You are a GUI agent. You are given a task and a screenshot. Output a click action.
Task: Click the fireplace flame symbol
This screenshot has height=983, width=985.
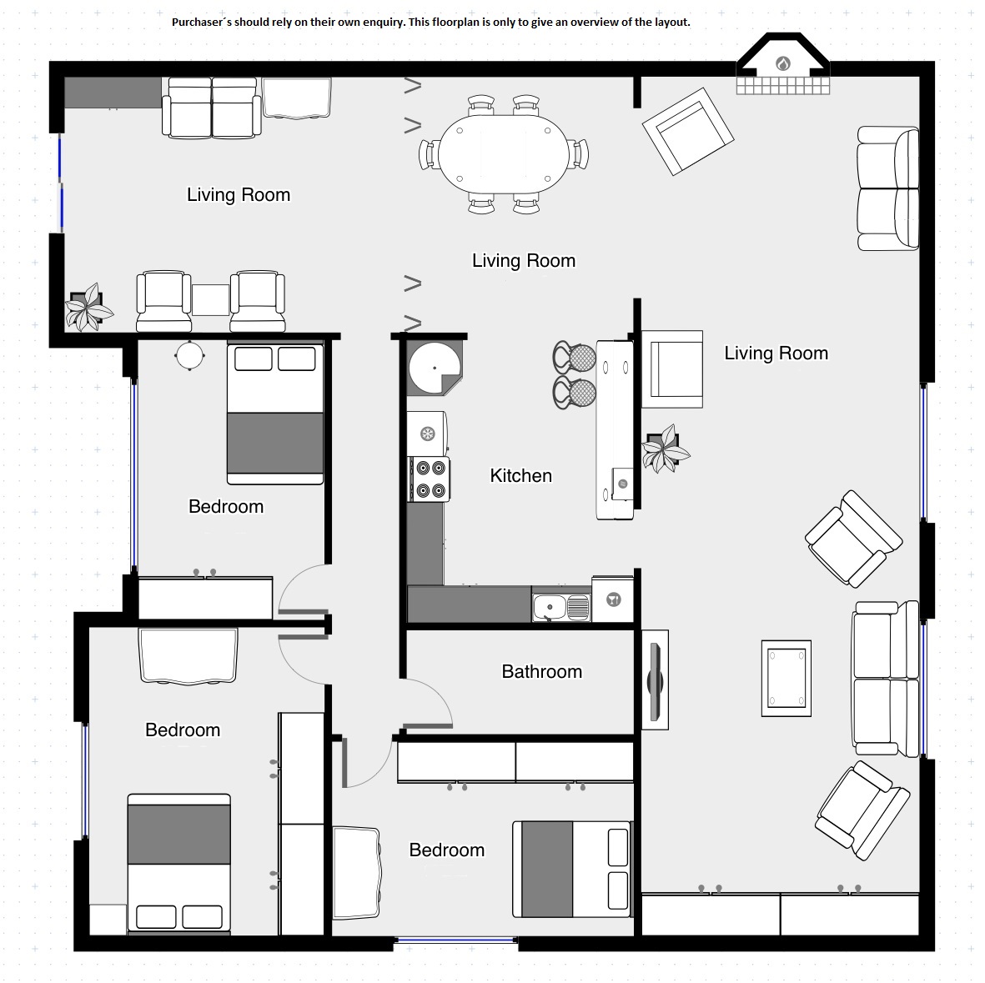pyautogui.click(x=782, y=63)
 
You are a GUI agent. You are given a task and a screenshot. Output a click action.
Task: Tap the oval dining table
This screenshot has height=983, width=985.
pyautogui.click(x=503, y=154)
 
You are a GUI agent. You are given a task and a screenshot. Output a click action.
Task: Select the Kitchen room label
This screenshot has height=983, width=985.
pyautogui.click(x=520, y=475)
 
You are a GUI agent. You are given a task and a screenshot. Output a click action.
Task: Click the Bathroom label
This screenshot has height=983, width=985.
pyautogui.click(x=541, y=671)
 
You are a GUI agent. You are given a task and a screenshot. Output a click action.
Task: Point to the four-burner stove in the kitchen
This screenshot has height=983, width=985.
pyautogui.click(x=430, y=479)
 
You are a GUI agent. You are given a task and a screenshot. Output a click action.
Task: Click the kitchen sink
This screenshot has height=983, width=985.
pyautogui.click(x=561, y=607)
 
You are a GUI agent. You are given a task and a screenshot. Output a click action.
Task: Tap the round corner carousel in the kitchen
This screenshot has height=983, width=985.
pyautogui.click(x=434, y=368)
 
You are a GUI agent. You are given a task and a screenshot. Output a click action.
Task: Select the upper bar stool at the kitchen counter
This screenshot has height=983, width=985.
pyautogui.click(x=574, y=358)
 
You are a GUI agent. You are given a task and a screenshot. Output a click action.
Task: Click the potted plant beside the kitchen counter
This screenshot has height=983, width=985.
pyautogui.click(x=665, y=449)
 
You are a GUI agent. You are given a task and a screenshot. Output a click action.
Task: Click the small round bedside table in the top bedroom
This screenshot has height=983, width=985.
pyautogui.click(x=189, y=356)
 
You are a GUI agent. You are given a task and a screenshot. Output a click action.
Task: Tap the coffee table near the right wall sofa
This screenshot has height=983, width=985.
pyautogui.click(x=786, y=679)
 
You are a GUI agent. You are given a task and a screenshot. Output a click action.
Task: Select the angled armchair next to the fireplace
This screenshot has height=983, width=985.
pyautogui.click(x=688, y=131)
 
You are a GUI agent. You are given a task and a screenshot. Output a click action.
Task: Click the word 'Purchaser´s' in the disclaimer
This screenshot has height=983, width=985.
pyautogui.click(x=200, y=22)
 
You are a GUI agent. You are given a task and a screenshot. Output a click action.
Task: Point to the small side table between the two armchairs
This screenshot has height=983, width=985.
pyautogui.click(x=210, y=300)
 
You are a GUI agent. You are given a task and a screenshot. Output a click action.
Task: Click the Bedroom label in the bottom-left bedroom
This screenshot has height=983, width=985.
pyautogui.click(x=183, y=730)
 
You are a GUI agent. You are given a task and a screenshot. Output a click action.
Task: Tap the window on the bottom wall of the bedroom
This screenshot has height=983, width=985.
pyautogui.click(x=456, y=940)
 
